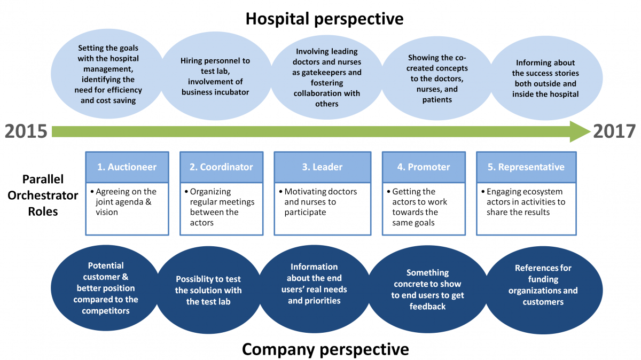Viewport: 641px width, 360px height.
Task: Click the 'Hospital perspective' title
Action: [x=325, y=19]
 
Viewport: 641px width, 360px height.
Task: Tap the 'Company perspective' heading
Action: [x=325, y=349]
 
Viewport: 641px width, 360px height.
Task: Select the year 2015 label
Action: [x=26, y=131]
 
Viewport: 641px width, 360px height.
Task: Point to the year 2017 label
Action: [x=614, y=131]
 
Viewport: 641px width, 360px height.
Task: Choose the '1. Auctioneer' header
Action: [x=127, y=167]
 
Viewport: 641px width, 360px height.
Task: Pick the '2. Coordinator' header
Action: [x=222, y=167]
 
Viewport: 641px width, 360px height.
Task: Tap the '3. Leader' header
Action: [x=323, y=167]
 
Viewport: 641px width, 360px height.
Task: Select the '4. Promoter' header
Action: [x=424, y=167]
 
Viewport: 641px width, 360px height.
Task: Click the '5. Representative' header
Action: [x=526, y=167]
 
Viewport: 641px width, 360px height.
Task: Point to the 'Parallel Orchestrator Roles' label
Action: [x=43, y=195]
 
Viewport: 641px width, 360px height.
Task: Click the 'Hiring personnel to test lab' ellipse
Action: [x=215, y=76]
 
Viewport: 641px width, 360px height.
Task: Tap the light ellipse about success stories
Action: [x=545, y=78]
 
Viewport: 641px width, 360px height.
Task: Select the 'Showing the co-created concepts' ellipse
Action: [x=437, y=79]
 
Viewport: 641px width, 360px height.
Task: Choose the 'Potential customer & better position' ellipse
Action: [x=106, y=288]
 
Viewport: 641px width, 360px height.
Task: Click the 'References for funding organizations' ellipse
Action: [x=543, y=290]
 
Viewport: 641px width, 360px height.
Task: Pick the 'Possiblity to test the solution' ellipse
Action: [x=208, y=290]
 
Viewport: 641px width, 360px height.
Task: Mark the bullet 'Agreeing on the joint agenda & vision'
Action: [x=123, y=202]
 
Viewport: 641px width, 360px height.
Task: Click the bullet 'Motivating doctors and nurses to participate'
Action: [x=318, y=202]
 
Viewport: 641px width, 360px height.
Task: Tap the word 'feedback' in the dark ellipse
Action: [x=427, y=307]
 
